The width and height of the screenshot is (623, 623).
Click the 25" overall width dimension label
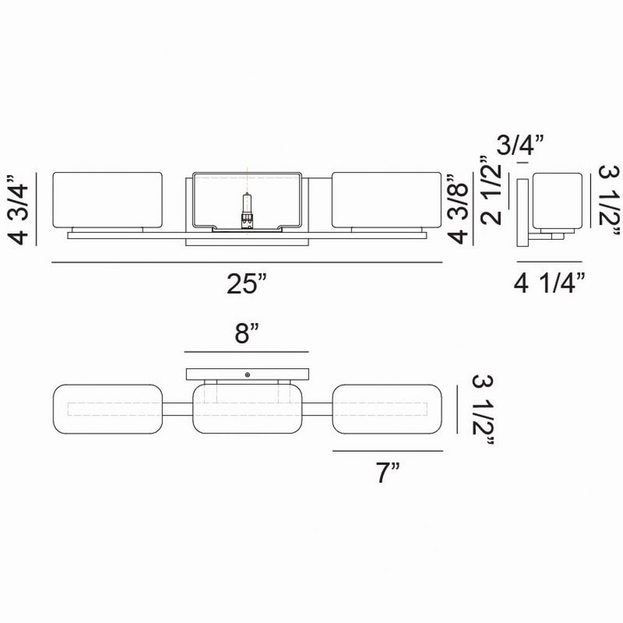(246, 283)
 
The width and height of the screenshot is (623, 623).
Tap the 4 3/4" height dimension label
(18, 209)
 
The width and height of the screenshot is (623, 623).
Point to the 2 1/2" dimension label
(490, 190)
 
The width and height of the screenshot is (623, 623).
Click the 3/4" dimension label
(520, 145)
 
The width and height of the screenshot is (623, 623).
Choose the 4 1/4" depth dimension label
(549, 283)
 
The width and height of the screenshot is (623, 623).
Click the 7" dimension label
(388, 472)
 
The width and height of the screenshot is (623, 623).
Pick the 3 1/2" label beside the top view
(483, 411)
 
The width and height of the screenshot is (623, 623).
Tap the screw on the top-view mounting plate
(247, 374)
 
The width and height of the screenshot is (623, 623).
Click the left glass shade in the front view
(108, 200)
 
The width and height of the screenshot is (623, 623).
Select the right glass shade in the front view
(387, 200)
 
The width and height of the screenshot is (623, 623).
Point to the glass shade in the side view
(558, 201)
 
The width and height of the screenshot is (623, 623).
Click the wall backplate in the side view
(523, 212)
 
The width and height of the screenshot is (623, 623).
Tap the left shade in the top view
(108, 409)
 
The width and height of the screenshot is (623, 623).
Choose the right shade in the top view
(387, 409)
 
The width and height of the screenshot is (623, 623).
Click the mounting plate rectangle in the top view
(247, 374)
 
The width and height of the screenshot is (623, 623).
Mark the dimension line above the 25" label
(247, 262)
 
